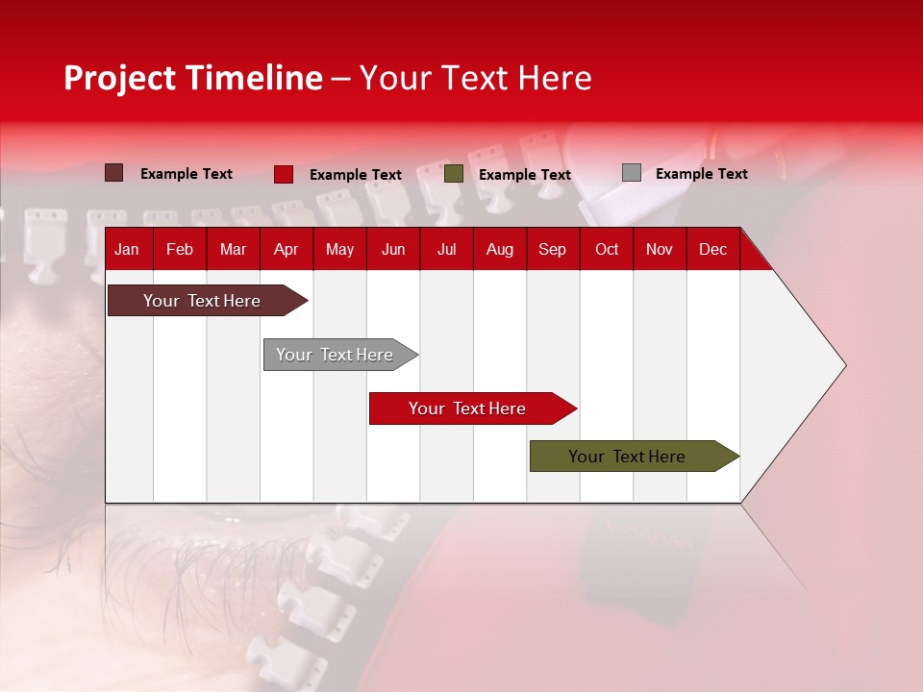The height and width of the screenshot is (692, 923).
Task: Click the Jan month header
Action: pos(127,250)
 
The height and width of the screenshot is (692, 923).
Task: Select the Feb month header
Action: pos(180,250)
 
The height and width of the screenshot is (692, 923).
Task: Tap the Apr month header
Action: pos(286,250)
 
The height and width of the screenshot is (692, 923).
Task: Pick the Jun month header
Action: pos(393,250)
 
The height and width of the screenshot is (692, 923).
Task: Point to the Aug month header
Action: pos(499,250)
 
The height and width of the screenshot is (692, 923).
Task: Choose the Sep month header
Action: pos(552,250)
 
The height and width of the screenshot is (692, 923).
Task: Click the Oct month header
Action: pos(607,250)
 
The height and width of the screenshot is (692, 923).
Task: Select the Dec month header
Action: pos(712,250)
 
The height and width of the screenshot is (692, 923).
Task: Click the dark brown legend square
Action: pos(113,173)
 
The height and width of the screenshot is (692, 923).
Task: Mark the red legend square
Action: pos(284,174)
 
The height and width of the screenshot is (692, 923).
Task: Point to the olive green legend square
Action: pos(454,174)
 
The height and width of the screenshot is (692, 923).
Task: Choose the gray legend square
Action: pos(632,173)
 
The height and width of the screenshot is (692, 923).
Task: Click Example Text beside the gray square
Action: pos(701,174)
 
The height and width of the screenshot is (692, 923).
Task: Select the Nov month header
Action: pos(660,250)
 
